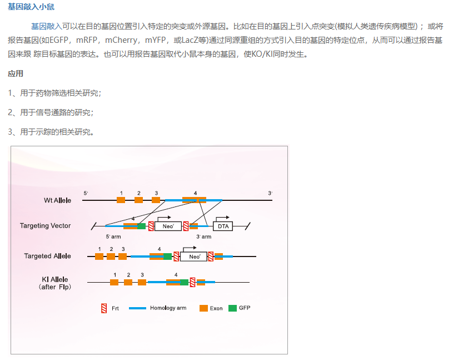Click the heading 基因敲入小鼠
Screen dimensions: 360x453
tap(31, 7)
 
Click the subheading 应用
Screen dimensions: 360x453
tap(16, 73)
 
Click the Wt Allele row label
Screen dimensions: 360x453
tap(58, 200)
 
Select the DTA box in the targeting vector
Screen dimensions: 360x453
tap(223, 226)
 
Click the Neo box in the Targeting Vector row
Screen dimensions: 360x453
tap(168, 226)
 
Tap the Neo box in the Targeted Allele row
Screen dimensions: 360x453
tap(194, 257)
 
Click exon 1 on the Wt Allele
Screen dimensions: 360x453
tap(121, 200)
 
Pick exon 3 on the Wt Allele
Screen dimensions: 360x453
tap(156, 200)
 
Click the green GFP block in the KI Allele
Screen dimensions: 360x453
tap(185, 282)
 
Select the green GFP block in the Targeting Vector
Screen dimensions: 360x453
tap(142, 226)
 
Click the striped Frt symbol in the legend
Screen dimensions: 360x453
tap(104, 308)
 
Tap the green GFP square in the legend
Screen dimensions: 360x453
tap(232, 308)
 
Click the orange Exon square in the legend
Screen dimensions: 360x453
tap(203, 308)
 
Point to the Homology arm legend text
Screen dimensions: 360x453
tap(168, 308)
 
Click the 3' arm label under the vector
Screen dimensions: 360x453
tap(203, 236)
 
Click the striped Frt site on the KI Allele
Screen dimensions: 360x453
tap(192, 282)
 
